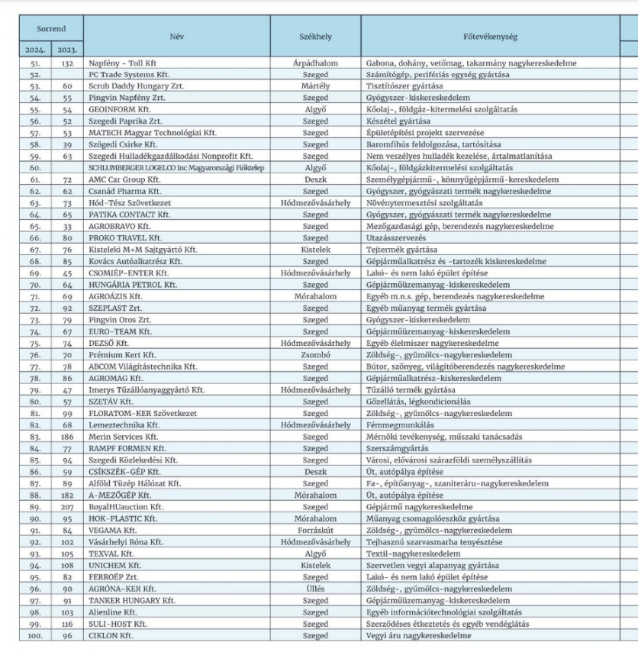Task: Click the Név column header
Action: click(177, 35)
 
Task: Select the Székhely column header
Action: click(315, 35)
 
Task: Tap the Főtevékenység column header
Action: click(489, 35)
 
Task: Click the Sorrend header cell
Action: click(52, 28)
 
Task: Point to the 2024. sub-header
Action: click(35, 50)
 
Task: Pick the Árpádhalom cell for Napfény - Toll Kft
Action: click(315, 63)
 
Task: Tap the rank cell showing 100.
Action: click(35, 635)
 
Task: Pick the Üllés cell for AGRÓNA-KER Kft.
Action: click(315, 589)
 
